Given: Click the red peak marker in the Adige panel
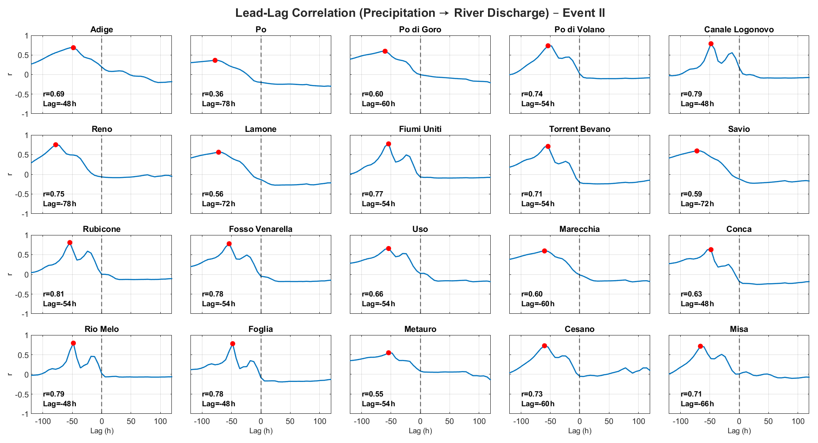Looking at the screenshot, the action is point(74,47).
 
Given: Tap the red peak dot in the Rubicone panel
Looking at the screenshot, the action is point(70,243).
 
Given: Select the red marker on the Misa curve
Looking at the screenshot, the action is point(700,347).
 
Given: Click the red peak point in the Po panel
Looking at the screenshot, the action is point(215,60).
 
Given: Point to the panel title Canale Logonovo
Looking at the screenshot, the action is point(739,30).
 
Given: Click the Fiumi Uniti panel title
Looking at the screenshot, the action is point(420,129).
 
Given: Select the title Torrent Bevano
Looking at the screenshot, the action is point(580,129).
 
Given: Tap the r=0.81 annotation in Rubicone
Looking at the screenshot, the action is point(54,294).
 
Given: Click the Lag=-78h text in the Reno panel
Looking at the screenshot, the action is point(60,204).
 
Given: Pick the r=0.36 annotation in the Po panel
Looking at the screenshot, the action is point(213,94).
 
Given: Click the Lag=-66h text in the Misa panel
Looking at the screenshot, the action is point(698,404).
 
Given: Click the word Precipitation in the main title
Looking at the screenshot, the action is point(397,13).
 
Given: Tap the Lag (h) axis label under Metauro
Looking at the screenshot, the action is point(420,431).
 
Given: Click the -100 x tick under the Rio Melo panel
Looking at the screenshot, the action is point(43,421).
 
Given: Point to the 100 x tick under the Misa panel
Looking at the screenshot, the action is point(798,421).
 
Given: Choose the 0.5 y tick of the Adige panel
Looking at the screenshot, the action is point(23,55).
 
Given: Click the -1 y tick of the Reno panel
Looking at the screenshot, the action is point(26,214).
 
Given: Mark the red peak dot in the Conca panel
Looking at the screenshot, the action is point(711,250).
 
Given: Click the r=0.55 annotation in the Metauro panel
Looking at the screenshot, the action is point(373,394).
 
